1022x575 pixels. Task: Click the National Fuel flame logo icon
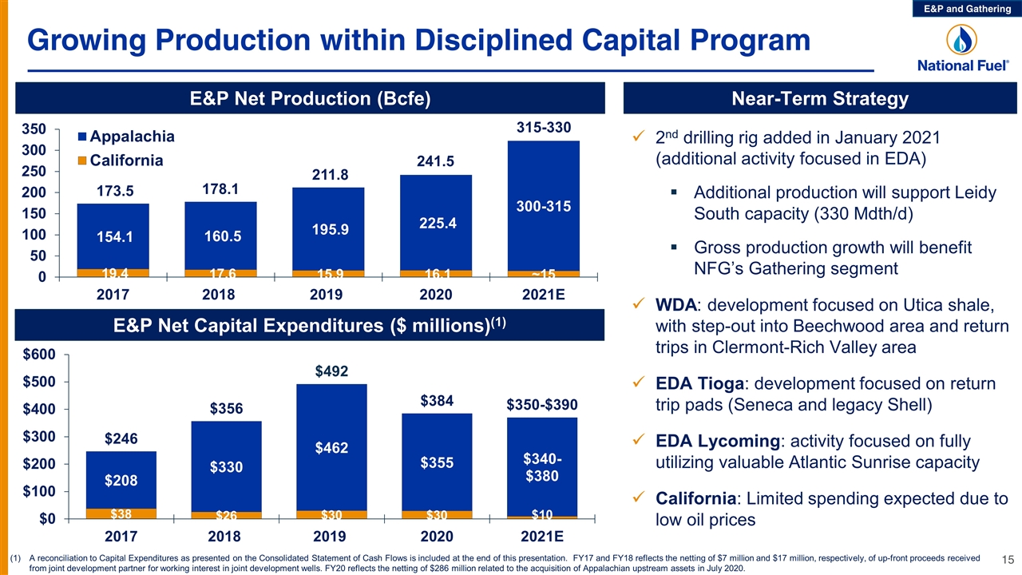click(961, 40)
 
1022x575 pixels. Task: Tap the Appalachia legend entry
click(126, 137)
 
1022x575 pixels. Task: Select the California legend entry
click(121, 161)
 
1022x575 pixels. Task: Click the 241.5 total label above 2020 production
click(435, 161)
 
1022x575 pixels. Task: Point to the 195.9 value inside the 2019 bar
click(330, 229)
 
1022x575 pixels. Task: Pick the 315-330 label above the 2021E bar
click(544, 127)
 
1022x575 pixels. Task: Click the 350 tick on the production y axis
click(34, 129)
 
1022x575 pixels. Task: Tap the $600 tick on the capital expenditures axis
click(39, 355)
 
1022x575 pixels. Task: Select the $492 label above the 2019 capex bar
click(331, 371)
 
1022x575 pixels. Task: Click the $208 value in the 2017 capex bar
click(121, 480)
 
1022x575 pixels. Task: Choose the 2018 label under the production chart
click(219, 295)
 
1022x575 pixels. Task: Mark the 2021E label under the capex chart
click(542, 536)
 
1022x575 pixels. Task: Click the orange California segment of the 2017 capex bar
click(121, 514)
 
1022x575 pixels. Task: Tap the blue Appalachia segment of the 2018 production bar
click(221, 236)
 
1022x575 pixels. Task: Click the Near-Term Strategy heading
click(820, 98)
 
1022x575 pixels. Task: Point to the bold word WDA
click(675, 305)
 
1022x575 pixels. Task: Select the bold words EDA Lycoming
click(718, 442)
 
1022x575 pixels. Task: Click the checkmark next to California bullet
click(639, 497)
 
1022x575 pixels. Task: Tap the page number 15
click(1008, 560)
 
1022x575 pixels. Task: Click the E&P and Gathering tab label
click(967, 9)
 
